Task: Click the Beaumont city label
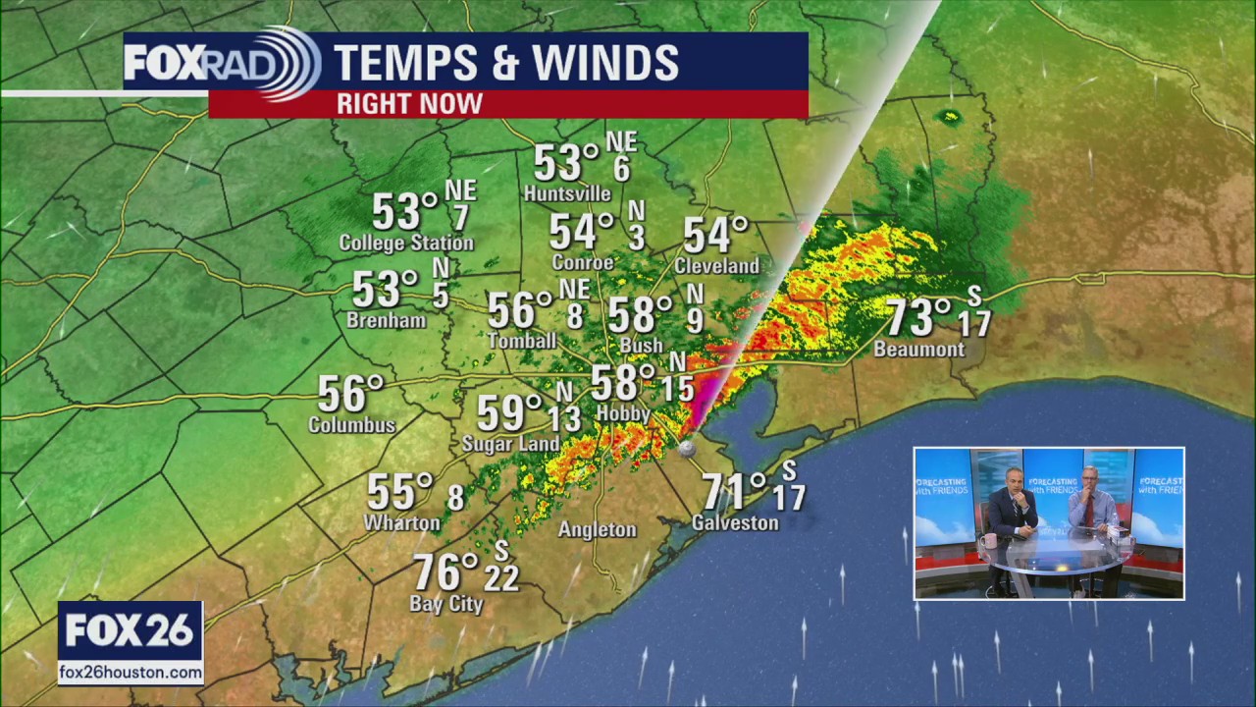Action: pos(918,350)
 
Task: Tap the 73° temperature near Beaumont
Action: pos(918,317)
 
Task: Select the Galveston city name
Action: pos(735,523)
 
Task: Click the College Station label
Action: pos(406,243)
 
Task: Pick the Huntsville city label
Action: pos(567,193)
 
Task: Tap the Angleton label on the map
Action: pos(598,530)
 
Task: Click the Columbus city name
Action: pos(351,425)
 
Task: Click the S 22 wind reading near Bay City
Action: pos(501,569)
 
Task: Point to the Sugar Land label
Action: pos(510,445)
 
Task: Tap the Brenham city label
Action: pos(387,320)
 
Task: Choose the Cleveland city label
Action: pos(716,266)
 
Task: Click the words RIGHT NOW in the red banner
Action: pos(410,103)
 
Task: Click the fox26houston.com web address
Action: pos(131,673)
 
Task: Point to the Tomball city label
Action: pos(522,341)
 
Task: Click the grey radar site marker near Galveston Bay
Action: pos(687,448)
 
